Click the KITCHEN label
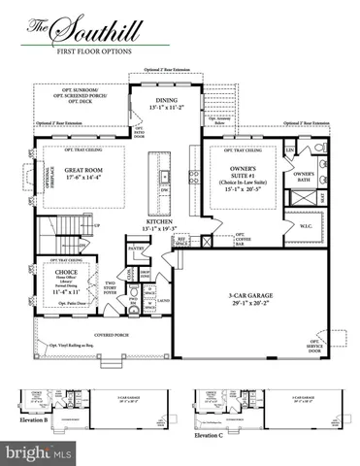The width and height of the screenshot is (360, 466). tap(161, 223)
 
